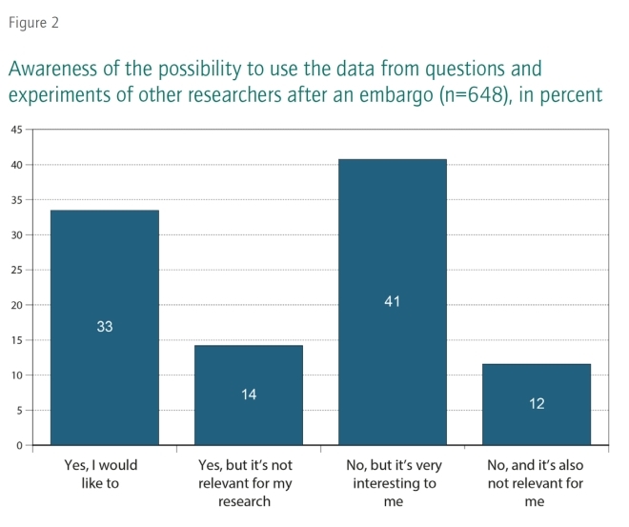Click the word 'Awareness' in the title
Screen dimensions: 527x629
point(53,70)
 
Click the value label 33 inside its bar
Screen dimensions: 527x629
point(105,327)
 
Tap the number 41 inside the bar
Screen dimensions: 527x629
point(392,302)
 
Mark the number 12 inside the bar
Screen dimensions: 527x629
point(537,404)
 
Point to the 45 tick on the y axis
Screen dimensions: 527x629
point(17,130)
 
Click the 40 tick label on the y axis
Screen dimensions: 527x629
point(17,165)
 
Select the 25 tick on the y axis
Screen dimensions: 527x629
point(17,271)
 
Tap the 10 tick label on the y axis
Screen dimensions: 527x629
point(17,375)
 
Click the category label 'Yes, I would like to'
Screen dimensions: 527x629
point(105,475)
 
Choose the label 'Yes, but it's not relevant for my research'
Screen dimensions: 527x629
point(249,483)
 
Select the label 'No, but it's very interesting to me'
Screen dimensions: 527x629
point(392,483)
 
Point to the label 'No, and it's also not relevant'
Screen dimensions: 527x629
point(537,483)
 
